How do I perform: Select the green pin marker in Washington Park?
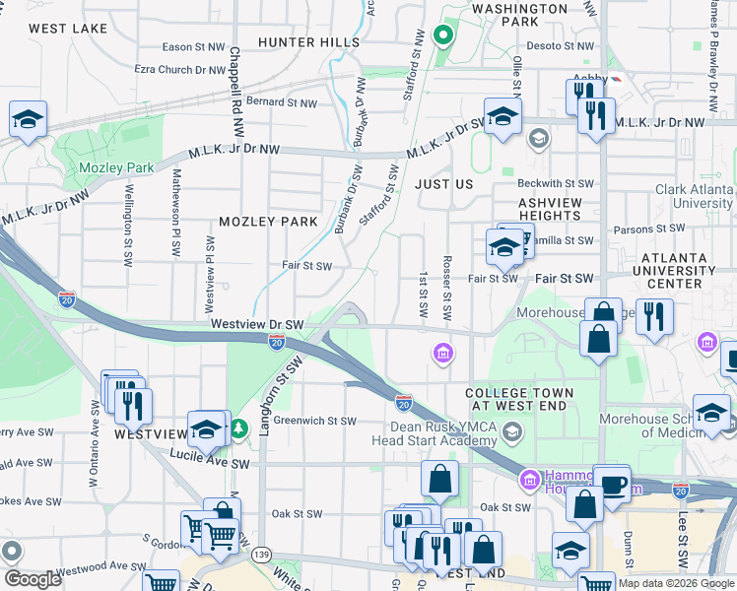click(442, 37)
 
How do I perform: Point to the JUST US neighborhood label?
click(443, 184)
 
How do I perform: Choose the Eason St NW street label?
click(193, 46)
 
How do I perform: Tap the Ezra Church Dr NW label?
click(180, 70)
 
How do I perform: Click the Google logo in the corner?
click(33, 578)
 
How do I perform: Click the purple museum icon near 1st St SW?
click(442, 353)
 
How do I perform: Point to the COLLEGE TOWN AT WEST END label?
click(517, 400)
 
